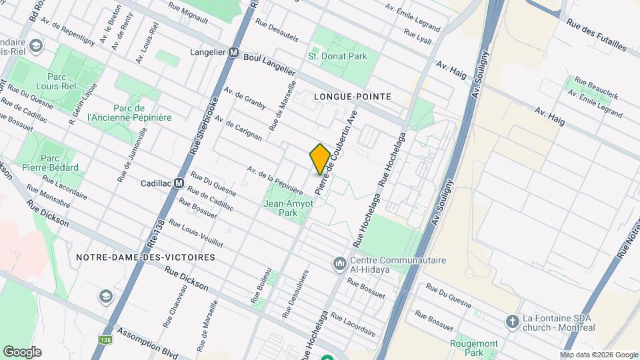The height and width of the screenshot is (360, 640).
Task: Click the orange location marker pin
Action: [319, 159]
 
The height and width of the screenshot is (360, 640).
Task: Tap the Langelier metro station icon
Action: [234, 52]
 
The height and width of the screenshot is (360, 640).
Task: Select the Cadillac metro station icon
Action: [179, 183]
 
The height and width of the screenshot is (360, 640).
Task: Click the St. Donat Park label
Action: [337, 57]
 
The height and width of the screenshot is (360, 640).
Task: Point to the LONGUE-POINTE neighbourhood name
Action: [352, 97]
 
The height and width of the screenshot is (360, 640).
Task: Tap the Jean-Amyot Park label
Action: [289, 209]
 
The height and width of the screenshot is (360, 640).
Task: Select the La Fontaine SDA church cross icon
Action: [512, 321]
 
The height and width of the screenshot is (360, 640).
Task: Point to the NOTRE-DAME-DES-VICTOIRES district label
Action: [145, 257]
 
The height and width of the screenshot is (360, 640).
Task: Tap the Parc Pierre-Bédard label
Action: [59, 163]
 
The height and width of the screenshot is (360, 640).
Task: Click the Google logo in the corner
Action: [22, 351]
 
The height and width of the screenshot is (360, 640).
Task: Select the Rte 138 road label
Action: [156, 237]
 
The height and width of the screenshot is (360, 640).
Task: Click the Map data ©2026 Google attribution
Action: [598, 355]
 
